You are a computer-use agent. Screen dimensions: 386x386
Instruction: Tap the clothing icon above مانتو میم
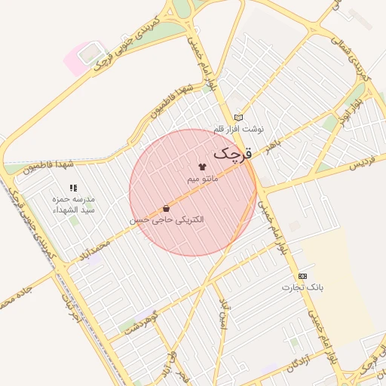pyautogui.click(x=201, y=167)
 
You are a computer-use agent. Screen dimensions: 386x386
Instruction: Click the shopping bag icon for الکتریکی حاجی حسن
pyautogui.click(x=166, y=208)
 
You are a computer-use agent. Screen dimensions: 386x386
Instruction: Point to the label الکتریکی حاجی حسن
pyautogui.click(x=167, y=220)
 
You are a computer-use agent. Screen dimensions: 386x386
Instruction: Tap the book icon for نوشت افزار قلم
pyautogui.click(x=238, y=118)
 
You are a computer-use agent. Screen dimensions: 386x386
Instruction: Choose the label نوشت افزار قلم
pyautogui.click(x=238, y=130)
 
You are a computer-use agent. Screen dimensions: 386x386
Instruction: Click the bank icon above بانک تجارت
pyautogui.click(x=302, y=276)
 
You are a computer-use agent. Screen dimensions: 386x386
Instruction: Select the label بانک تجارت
pyautogui.click(x=302, y=288)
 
